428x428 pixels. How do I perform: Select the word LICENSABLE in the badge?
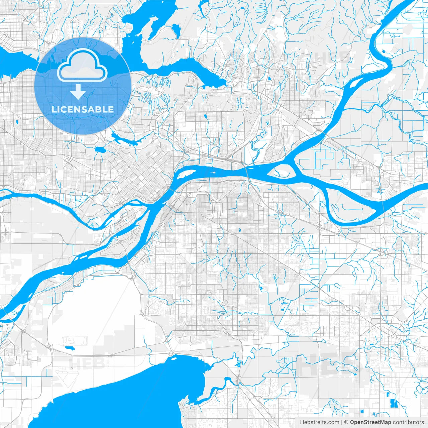tap(82, 109)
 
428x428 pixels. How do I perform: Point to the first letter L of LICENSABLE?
tap(53, 109)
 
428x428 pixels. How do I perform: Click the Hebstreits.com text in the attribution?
tap(319, 422)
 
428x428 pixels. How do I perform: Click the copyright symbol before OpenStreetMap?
tap(346, 422)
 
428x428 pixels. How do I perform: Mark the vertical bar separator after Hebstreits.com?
tap(342, 422)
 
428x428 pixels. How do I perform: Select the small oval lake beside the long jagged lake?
tap(99, 149)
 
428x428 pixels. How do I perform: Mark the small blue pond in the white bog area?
tap(70, 348)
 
